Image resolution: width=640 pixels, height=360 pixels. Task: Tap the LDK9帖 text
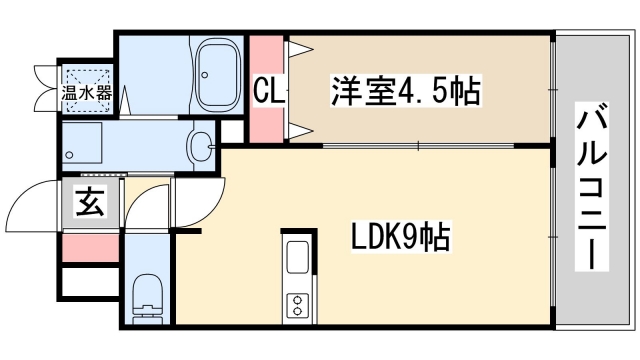click(x=399, y=239)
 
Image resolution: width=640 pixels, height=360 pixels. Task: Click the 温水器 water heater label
click(x=88, y=92)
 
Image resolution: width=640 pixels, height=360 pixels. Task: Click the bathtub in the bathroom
click(x=213, y=74)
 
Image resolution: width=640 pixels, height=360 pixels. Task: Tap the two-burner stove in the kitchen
click(x=299, y=305)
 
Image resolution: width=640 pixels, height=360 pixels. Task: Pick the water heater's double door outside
click(x=46, y=87)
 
